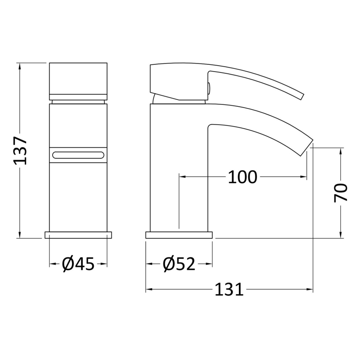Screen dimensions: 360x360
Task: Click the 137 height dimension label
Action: (x=20, y=151)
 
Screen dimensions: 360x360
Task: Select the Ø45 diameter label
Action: (x=78, y=264)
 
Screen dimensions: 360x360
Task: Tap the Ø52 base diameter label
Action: (x=179, y=264)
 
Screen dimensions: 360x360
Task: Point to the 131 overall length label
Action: (x=229, y=289)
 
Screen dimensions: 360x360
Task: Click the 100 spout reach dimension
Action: (x=243, y=177)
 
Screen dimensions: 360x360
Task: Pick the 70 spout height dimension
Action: (x=341, y=193)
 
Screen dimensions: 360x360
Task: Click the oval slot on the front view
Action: (x=78, y=155)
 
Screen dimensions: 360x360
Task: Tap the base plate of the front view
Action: (x=78, y=235)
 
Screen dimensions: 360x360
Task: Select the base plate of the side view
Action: (x=179, y=235)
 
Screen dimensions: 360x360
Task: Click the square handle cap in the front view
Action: (x=78, y=81)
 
